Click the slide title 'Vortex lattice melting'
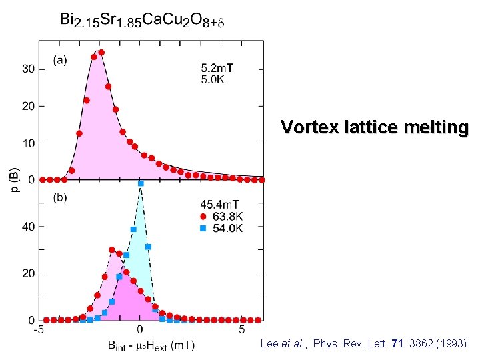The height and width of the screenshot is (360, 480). click(x=374, y=127)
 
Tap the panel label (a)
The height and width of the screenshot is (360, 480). click(x=60, y=61)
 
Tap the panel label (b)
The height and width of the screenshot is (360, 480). click(x=60, y=198)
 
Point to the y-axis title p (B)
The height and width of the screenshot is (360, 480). click(x=15, y=181)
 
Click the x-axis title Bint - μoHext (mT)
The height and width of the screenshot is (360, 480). click(x=141, y=345)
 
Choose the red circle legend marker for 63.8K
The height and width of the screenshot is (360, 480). click(x=204, y=216)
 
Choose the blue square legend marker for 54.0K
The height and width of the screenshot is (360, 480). click(x=204, y=228)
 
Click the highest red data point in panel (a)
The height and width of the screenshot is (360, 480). click(x=101, y=52)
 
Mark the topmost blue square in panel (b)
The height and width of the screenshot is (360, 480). click(x=141, y=183)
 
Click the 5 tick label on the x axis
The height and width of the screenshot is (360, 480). click(x=241, y=329)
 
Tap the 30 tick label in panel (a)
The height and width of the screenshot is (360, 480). click(x=29, y=69)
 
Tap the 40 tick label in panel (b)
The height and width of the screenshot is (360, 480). click(x=29, y=227)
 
